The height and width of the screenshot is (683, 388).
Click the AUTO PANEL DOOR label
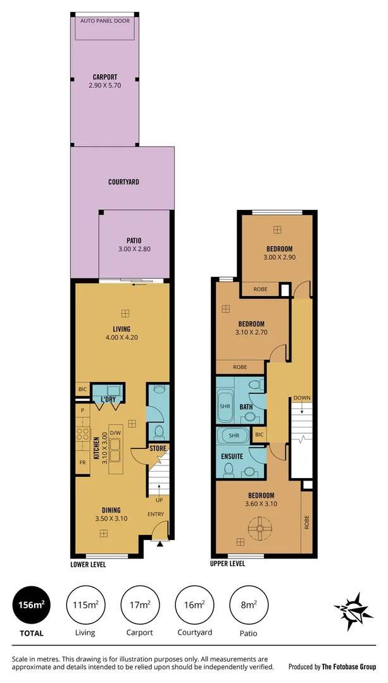tap(104, 21)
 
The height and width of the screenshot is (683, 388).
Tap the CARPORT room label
tap(104, 82)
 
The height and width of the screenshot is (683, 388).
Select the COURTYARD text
tap(123, 182)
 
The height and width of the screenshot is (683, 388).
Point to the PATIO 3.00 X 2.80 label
tap(134, 244)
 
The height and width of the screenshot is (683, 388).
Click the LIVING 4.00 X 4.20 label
tap(122, 333)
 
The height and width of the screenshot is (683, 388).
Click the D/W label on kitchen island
tap(115, 433)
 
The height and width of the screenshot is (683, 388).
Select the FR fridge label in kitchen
tap(82, 462)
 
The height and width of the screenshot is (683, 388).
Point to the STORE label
tap(158, 448)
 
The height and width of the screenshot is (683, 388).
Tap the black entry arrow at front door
tap(160, 543)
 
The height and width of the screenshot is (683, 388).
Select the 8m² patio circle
tap(249, 605)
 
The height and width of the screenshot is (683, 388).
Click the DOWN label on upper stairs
tap(302, 398)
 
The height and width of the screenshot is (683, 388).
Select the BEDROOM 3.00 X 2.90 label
tap(278, 253)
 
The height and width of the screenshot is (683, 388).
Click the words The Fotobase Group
tap(349, 667)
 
